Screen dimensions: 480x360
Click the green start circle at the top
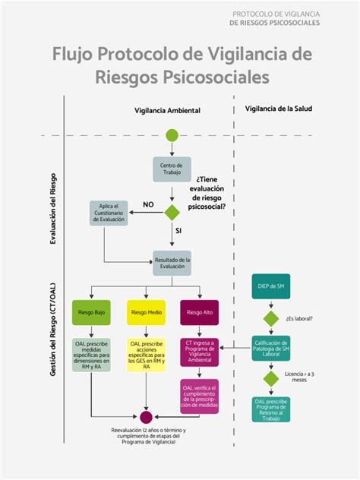(x=172, y=136)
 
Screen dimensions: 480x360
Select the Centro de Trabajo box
(x=172, y=169)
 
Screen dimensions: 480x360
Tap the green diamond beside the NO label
(x=172, y=212)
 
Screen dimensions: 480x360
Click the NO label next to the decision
(x=148, y=204)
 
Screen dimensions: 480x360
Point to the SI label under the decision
(x=178, y=229)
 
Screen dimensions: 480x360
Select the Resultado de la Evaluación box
(x=172, y=263)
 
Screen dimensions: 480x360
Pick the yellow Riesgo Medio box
(x=147, y=312)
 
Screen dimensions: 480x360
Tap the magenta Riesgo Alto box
(x=200, y=312)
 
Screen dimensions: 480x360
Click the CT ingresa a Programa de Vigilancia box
(x=200, y=353)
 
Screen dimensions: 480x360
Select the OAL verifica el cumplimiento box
(x=200, y=396)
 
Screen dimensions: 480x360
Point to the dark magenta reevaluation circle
(x=147, y=417)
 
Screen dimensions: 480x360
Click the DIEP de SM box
(x=271, y=286)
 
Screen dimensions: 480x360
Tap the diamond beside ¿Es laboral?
(x=271, y=319)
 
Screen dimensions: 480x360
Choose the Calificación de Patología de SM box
(x=271, y=349)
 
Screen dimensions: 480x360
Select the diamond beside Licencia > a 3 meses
(x=271, y=378)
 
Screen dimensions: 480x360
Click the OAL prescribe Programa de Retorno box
(x=271, y=410)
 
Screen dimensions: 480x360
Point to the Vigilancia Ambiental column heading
(x=167, y=110)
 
